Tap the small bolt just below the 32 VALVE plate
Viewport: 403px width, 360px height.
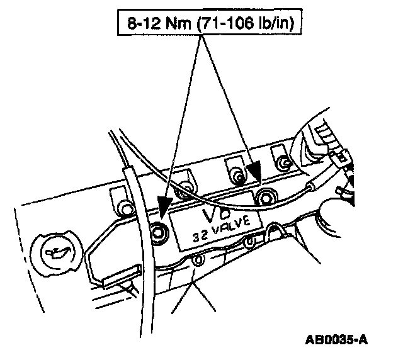[x=200, y=259]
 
